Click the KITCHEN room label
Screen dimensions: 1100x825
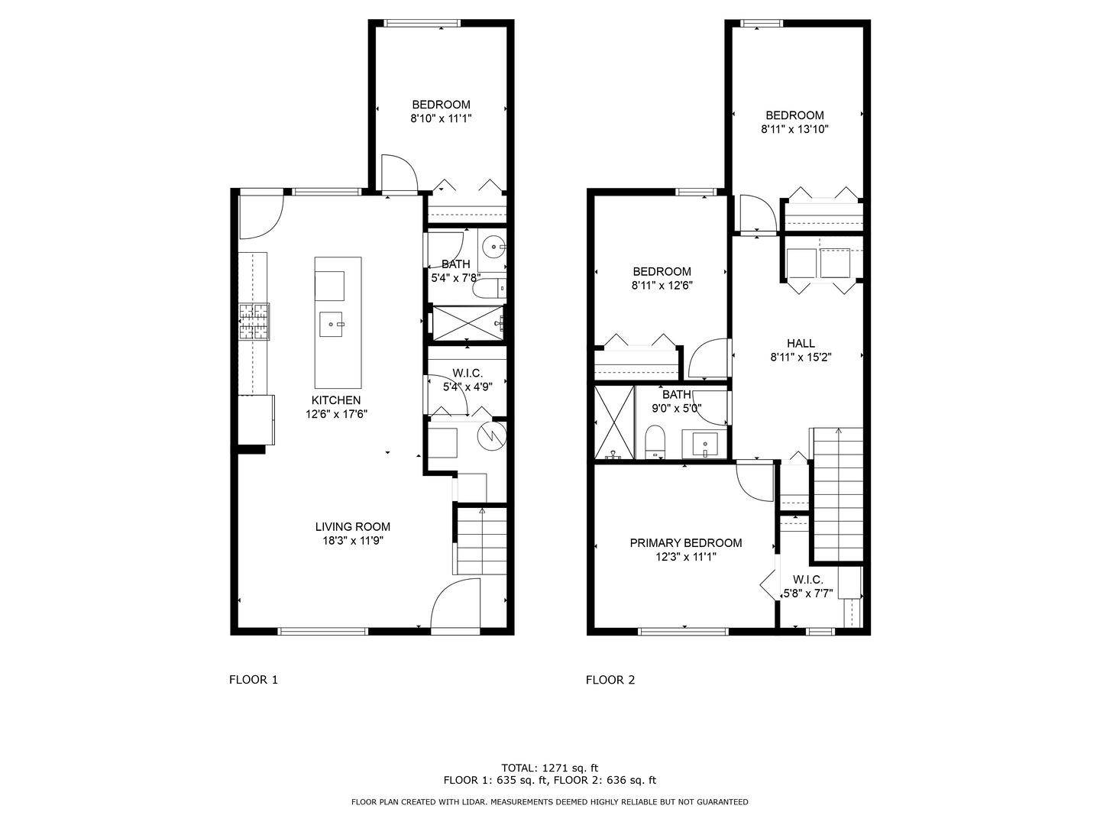tap(336, 400)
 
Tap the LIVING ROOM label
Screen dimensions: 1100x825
tap(352, 526)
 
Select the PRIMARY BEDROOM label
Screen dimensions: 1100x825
tap(685, 542)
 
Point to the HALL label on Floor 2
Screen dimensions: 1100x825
tap(801, 343)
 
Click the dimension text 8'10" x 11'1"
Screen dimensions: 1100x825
tap(441, 118)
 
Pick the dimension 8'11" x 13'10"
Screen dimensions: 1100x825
tap(794, 129)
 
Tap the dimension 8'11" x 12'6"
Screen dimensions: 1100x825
tap(662, 286)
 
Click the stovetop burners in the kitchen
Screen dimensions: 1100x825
tap(254, 322)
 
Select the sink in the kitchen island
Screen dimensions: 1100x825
tap(331, 324)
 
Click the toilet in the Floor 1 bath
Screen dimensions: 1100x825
tap(490, 289)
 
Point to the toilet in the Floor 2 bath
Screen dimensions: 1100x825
tap(655, 442)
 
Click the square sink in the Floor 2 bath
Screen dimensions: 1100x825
tap(704, 445)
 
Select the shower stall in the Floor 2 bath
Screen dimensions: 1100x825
tap(614, 422)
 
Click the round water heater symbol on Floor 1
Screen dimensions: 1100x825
tap(492, 435)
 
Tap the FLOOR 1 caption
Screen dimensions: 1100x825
tap(253, 680)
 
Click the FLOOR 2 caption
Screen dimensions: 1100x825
tap(610, 680)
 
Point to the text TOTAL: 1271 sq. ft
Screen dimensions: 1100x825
tap(550, 768)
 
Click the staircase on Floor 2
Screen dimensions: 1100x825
tap(837, 494)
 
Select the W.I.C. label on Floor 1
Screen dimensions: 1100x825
tap(467, 374)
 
